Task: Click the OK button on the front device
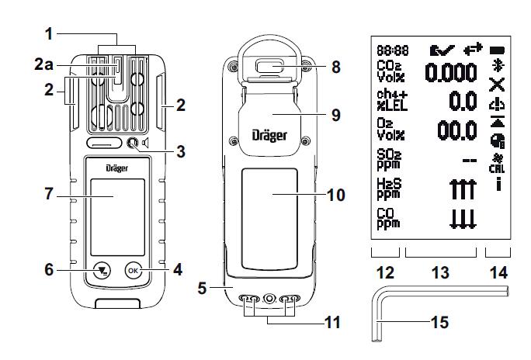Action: (x=134, y=272)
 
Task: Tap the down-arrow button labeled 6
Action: (x=99, y=272)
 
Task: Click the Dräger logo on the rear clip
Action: (x=269, y=135)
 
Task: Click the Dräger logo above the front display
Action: (x=117, y=168)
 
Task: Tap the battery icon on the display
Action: (x=498, y=48)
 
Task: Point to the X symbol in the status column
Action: (x=498, y=84)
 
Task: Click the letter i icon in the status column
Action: (x=498, y=185)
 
